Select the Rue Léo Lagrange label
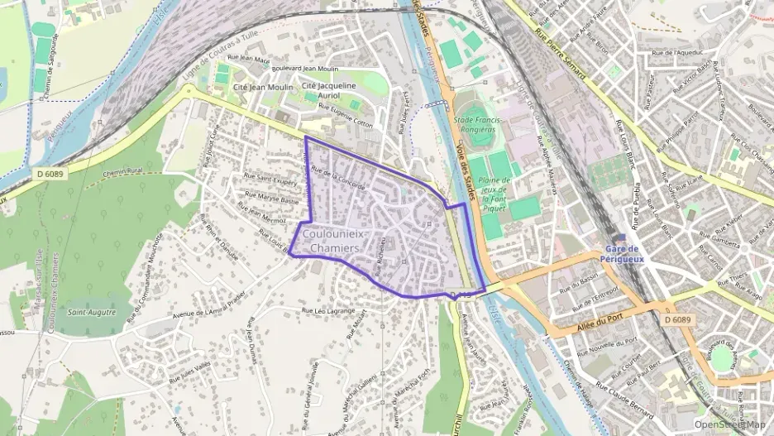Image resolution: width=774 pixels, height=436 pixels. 328,310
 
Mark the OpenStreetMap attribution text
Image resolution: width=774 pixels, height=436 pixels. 729,424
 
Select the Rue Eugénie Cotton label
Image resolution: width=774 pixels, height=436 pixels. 346,113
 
